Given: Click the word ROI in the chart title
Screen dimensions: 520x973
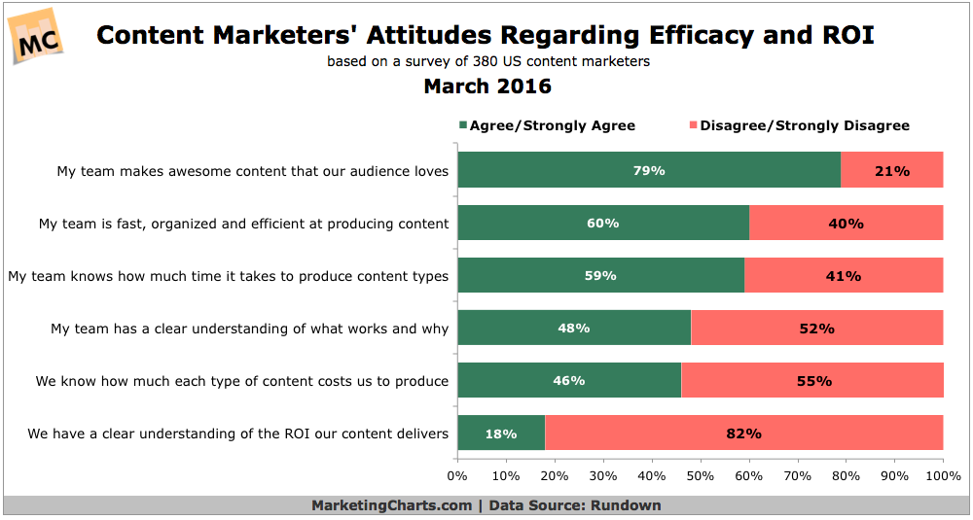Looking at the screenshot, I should coord(846,36).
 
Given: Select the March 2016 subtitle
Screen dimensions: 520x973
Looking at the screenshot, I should coord(486,87).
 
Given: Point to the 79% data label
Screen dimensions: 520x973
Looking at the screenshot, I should coord(648,170).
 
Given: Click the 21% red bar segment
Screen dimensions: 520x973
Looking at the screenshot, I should coord(892,170).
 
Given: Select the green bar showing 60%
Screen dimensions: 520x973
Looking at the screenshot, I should coord(602,223).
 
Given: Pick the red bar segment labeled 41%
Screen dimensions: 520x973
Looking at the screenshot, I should coord(844,275).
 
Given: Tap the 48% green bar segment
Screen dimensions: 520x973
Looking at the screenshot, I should coord(573,328).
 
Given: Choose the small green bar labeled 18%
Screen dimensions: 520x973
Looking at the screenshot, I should coord(500,433).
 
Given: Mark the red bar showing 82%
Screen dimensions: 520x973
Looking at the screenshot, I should coord(744,433).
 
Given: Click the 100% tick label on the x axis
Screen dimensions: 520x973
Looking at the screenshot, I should coord(942,476).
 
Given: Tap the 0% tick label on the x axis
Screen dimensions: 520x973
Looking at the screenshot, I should coord(457,476).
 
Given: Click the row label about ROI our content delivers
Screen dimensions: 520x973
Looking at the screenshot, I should coord(238,433).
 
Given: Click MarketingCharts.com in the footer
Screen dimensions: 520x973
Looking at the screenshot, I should coord(392,505).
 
